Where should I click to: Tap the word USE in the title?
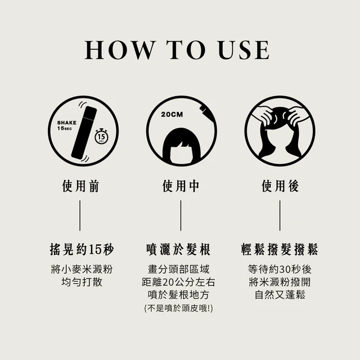[244, 50]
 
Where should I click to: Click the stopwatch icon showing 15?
[102, 137]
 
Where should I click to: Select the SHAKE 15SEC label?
[67, 125]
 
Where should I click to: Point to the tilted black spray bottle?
[84, 133]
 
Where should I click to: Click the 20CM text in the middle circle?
[172, 114]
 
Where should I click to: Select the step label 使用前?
[80, 186]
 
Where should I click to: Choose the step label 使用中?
[181, 186]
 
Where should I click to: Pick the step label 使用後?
[280, 186]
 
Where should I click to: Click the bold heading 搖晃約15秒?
[82, 249]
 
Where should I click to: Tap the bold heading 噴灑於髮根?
[178, 249]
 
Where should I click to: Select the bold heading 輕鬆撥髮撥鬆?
[280, 249]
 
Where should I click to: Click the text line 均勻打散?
[82, 282]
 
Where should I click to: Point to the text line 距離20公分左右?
[178, 282]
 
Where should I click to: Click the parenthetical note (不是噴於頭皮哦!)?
[178, 308]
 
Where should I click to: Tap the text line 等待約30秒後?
[280, 269]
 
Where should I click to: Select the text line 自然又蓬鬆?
[280, 295]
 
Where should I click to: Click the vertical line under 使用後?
[280, 215]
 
